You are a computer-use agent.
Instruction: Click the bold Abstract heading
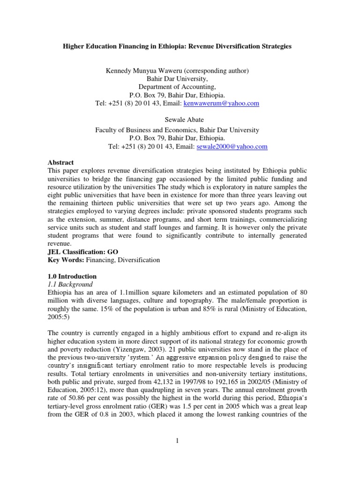60,163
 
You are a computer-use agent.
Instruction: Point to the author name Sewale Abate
180,120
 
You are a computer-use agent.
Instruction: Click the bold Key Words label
65,260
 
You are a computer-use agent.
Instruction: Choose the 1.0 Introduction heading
72,277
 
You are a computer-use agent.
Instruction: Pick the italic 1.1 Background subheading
70,285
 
